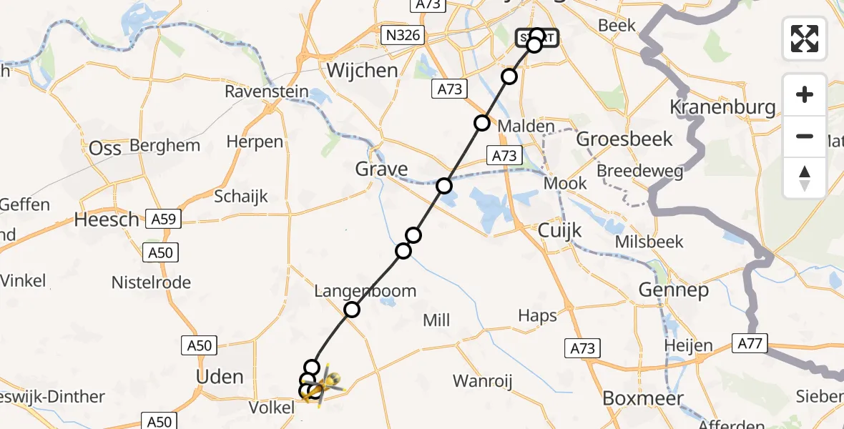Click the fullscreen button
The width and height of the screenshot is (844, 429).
(x=805, y=39)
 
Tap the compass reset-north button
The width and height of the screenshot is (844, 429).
(x=805, y=178)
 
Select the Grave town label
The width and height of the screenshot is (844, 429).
(x=382, y=169)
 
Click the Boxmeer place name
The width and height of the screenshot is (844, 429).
(x=643, y=398)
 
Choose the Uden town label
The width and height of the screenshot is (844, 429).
(x=220, y=377)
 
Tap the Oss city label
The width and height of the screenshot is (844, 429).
(x=105, y=148)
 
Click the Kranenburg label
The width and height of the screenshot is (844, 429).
(x=722, y=107)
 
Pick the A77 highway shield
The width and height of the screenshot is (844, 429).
(x=750, y=344)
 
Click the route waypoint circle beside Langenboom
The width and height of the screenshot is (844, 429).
(x=352, y=310)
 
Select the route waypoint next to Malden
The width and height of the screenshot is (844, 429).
(x=482, y=123)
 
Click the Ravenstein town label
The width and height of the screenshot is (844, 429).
(x=267, y=92)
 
